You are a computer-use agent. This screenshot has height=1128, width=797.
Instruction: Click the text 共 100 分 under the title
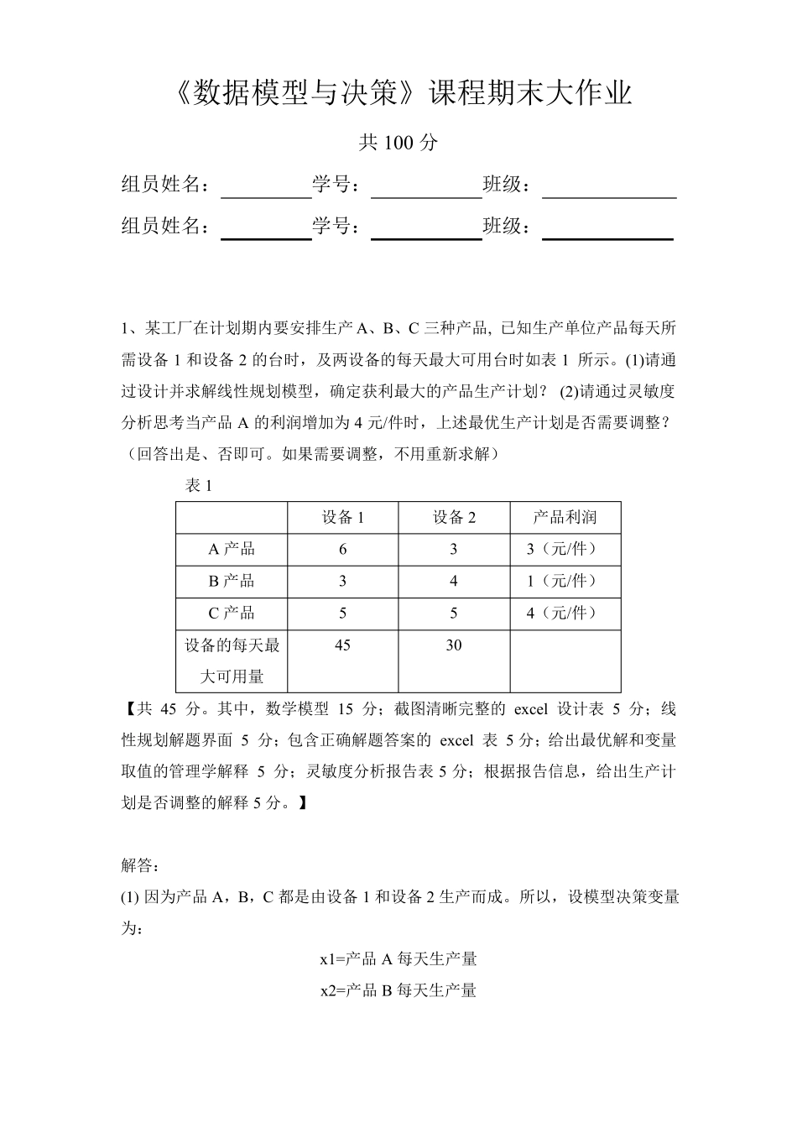[x=398, y=143]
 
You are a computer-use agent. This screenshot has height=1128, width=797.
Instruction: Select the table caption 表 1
[x=199, y=486]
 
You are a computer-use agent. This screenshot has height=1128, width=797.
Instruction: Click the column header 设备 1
[x=343, y=518]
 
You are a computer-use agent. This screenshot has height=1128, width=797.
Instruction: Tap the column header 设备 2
[x=454, y=518]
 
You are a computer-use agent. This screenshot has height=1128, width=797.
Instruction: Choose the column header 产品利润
[x=565, y=518]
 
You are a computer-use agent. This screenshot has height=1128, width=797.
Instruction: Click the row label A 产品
[x=232, y=550]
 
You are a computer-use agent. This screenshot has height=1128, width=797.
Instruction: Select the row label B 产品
[x=232, y=582]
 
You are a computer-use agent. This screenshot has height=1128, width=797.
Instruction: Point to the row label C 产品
[x=232, y=614]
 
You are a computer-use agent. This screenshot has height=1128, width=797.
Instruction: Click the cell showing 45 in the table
[x=342, y=645]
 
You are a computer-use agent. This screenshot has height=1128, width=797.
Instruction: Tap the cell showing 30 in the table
[x=454, y=645]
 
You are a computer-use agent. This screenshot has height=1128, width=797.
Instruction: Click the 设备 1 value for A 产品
[x=342, y=550]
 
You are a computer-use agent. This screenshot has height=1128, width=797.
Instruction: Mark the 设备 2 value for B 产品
[x=454, y=582]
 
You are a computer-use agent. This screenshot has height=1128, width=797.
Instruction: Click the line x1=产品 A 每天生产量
[x=398, y=958]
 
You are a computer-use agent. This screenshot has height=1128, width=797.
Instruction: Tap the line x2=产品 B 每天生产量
[x=398, y=990]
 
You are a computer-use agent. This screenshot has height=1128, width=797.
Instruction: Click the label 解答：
[x=140, y=865]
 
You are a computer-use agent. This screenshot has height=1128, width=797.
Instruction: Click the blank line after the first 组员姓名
[x=266, y=190]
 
